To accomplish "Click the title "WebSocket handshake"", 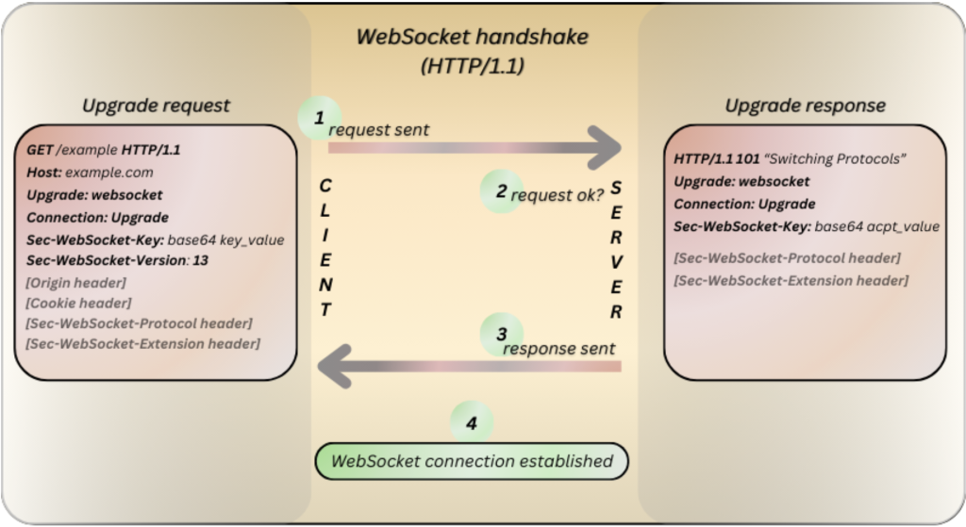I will [x=472, y=38].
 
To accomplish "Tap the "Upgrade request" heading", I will [x=156, y=105].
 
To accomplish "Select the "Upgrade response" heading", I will [x=805, y=105].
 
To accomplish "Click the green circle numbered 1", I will [x=318, y=120].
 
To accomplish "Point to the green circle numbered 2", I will [x=501, y=191].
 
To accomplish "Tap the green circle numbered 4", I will [x=472, y=422].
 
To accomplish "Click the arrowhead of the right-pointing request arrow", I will [x=604, y=146].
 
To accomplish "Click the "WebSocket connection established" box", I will [x=471, y=462].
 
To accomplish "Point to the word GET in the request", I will [x=41, y=150].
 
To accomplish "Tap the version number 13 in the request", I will [x=200, y=260].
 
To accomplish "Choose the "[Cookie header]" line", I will [x=79, y=303].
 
